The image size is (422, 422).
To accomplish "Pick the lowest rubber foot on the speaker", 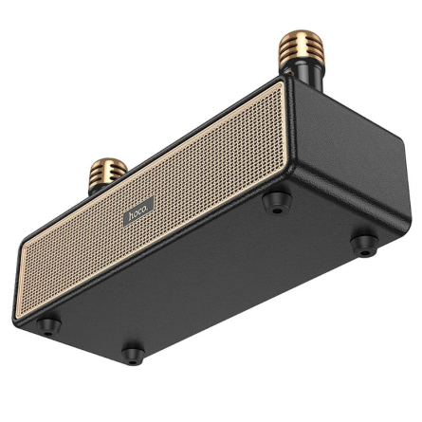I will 132,356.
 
